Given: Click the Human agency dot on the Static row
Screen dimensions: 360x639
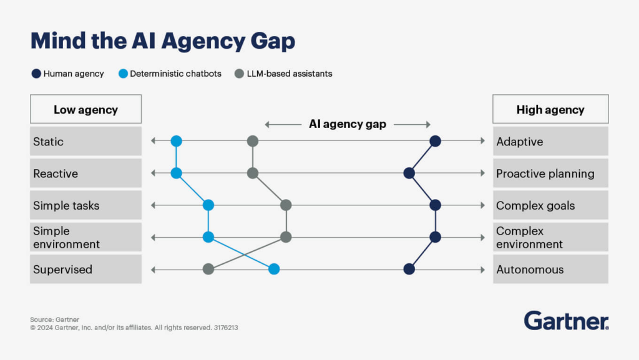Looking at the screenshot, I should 436,142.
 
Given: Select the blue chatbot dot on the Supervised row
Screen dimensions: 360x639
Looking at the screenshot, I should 273,270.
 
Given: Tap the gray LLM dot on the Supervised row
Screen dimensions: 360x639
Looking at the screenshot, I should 208,270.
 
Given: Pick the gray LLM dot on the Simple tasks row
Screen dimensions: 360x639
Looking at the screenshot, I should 286,205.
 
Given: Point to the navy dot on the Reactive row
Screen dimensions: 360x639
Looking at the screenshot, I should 409,173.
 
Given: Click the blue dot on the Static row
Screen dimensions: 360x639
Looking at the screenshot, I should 176,142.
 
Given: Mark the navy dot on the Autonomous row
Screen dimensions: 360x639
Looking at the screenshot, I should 409,270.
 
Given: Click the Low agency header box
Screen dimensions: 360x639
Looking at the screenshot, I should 85,110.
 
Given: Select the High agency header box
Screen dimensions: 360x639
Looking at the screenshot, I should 550,110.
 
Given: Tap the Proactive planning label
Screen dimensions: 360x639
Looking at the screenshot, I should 545,173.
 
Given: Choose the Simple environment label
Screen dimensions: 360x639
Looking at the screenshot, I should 66,237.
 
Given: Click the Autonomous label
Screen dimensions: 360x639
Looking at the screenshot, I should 530,270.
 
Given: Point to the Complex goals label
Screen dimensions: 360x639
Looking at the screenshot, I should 535,205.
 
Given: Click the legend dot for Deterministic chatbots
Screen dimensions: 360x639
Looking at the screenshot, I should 123,74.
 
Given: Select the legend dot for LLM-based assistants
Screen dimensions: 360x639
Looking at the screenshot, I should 239,74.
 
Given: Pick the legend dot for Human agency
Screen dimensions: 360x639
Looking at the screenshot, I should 36,74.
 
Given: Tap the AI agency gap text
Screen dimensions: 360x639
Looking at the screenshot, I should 348,124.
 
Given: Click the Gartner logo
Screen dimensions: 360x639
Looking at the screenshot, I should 566,321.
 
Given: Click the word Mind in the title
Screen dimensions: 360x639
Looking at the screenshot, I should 59,41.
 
